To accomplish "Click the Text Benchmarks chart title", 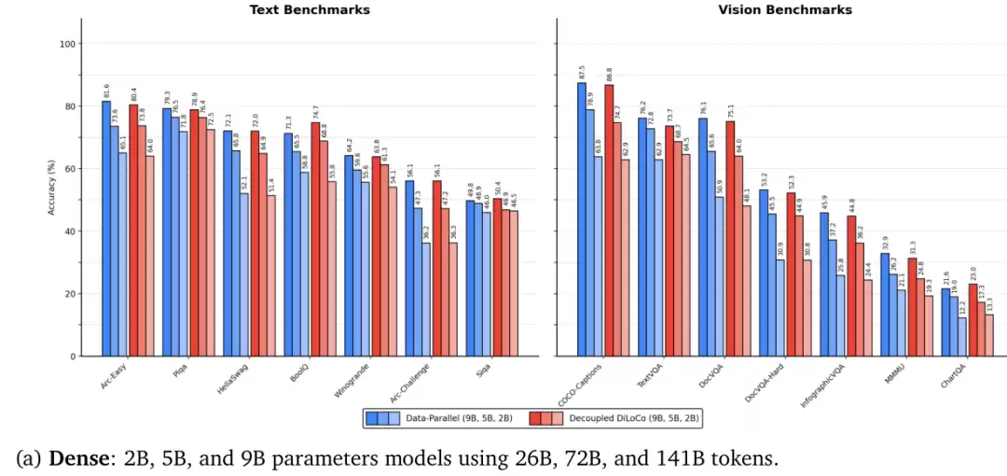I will pyautogui.click(x=310, y=9).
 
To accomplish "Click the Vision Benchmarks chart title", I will pyautogui.click(x=784, y=9).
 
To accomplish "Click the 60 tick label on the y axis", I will pyautogui.click(x=70, y=169).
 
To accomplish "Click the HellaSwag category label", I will pyautogui.click(x=234, y=376).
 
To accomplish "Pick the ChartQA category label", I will pyautogui.click(x=952, y=374).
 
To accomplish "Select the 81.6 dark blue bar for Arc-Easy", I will pyautogui.click(x=106, y=229).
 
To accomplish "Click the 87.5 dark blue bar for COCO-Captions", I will pyautogui.click(x=581, y=219).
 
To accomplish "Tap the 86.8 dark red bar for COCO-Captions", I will pyautogui.click(x=608, y=220).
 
